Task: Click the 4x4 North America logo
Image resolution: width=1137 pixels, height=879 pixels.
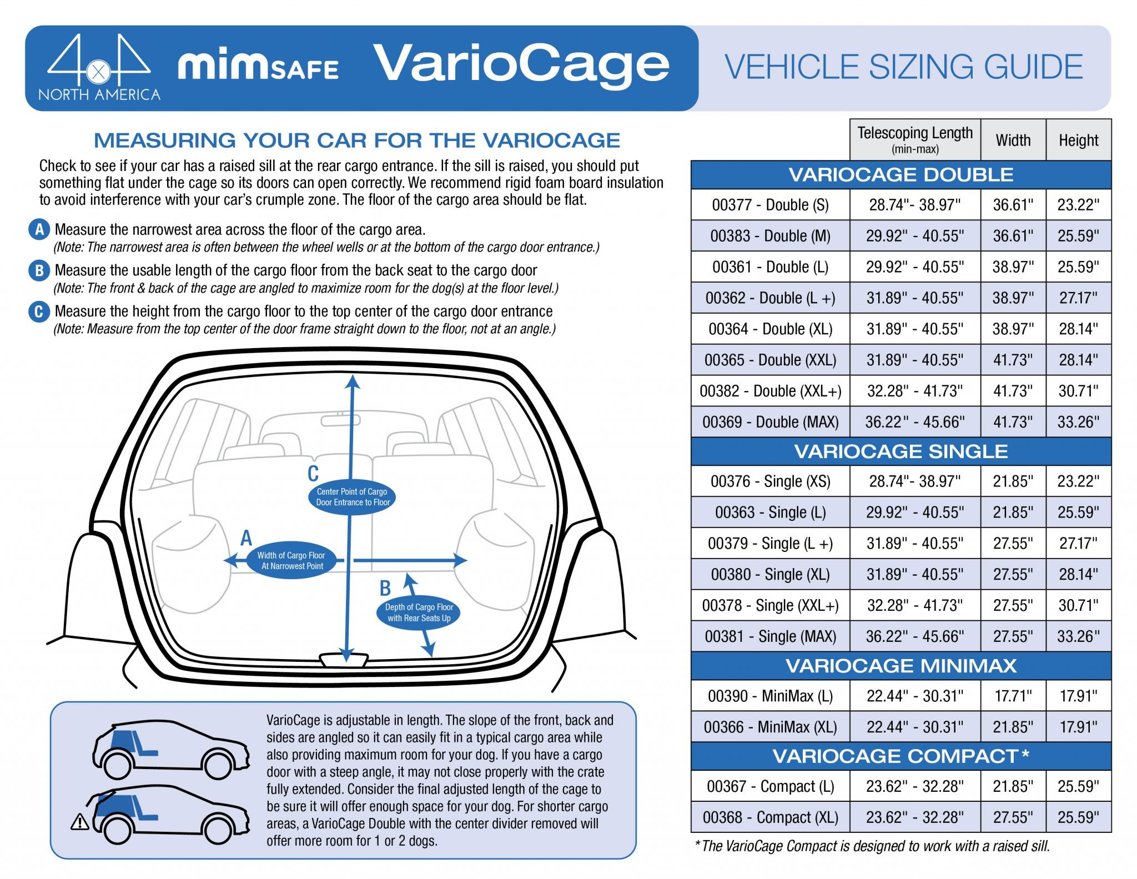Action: (x=99, y=68)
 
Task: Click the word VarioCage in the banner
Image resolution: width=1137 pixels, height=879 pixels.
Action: (x=521, y=66)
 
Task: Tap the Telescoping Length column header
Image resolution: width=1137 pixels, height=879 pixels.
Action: (x=914, y=139)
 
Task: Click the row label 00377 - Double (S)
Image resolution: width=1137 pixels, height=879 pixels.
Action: (x=770, y=205)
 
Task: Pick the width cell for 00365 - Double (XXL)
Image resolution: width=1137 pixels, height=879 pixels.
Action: (x=1013, y=360)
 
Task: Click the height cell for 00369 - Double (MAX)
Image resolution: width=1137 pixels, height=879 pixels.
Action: (x=1078, y=422)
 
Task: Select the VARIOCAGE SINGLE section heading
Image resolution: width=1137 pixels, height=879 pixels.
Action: (x=900, y=451)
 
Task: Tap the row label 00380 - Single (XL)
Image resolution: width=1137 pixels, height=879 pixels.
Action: (x=770, y=574)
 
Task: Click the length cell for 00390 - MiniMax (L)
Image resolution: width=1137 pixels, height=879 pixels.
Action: (x=914, y=696)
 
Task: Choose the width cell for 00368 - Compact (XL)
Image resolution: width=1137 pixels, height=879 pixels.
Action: (x=1013, y=817)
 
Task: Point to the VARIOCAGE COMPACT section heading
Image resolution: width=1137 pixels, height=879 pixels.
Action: (x=900, y=756)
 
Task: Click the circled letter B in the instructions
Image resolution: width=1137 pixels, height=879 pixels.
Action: (x=39, y=270)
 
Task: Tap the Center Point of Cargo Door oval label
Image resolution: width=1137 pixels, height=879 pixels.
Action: (x=353, y=497)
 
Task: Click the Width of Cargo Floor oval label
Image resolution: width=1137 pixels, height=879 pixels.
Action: (x=291, y=561)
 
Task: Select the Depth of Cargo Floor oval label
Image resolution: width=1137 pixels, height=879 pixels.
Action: (x=419, y=612)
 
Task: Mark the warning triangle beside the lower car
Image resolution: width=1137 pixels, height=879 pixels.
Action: (x=80, y=821)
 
